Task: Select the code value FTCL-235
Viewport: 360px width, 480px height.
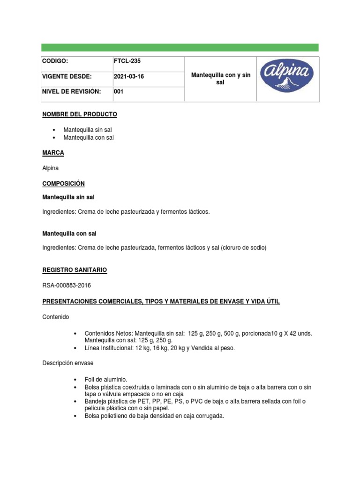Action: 127,61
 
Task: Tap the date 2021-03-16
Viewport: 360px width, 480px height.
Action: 129,76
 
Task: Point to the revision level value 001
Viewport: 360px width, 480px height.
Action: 119,92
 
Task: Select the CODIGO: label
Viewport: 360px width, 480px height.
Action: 55,61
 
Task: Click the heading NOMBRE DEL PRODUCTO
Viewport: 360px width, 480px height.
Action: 80,114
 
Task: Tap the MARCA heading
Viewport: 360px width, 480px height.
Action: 53,153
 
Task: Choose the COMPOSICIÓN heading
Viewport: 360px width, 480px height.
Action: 63,183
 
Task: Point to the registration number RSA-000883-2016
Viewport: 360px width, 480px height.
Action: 67,285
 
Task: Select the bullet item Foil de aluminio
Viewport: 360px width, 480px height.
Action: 106,379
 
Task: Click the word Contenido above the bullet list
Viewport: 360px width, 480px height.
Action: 55,317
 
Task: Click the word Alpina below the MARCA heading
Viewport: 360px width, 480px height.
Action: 51,168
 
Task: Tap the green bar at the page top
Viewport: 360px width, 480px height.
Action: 180,47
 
